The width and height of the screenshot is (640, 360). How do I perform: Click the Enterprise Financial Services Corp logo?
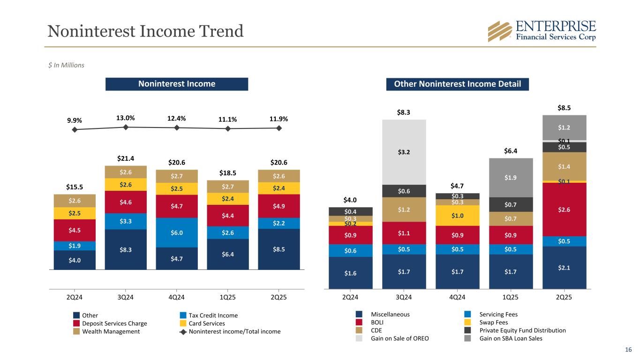tap(542, 31)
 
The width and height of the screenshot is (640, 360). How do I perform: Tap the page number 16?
tap(628, 349)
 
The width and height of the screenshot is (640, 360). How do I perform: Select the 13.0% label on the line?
tap(126, 118)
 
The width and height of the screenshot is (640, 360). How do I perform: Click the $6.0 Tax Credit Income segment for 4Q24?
tap(177, 232)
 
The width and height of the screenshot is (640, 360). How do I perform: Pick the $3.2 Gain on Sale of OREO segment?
tap(404, 152)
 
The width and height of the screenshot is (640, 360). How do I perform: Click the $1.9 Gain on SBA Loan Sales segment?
tap(511, 178)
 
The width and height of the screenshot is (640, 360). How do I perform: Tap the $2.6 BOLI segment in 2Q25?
tap(564, 209)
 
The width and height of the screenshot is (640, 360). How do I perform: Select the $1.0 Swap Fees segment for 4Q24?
tap(457, 216)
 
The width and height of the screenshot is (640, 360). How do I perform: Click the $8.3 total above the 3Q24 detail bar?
tap(404, 112)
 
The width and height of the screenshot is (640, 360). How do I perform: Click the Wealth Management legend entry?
tap(118, 331)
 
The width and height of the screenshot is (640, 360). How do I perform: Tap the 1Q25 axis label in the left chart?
tap(228, 298)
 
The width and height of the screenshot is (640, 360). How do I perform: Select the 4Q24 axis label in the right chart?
tap(457, 298)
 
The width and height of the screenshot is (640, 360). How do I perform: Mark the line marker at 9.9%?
tap(75, 129)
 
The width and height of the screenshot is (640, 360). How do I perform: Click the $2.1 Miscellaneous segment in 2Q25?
tap(564, 267)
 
